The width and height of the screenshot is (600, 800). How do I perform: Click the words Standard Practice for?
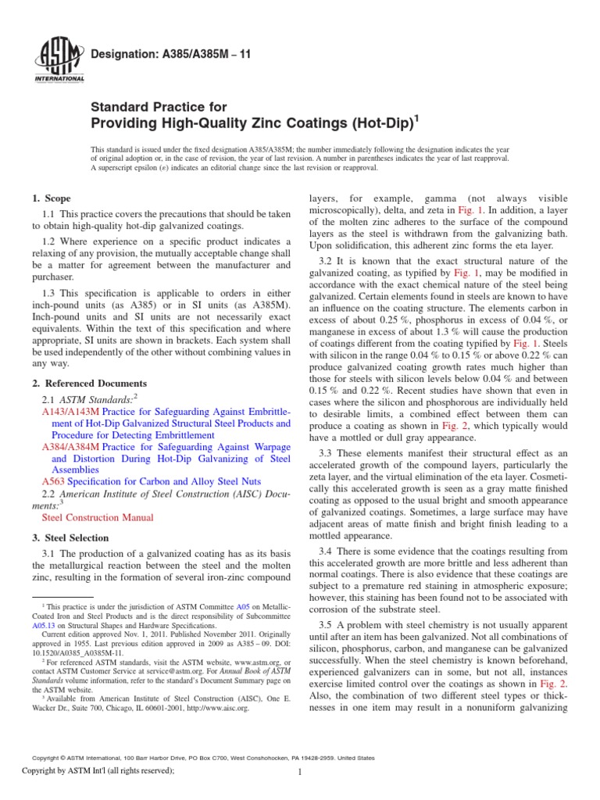159,106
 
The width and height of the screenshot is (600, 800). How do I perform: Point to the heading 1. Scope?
51,199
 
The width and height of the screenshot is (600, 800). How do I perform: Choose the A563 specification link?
53,482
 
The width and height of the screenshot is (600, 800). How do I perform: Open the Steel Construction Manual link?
98,517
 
